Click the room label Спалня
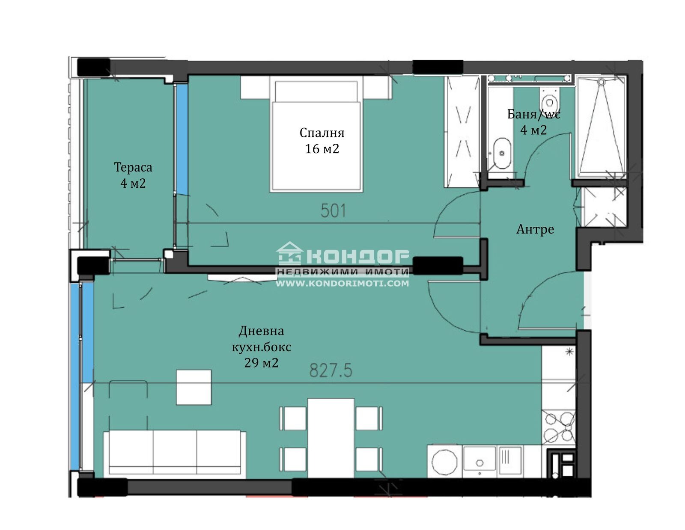(322, 133)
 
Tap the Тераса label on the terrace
(133, 167)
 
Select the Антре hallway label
(535, 229)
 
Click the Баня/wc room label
(533, 114)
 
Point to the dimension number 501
(333, 210)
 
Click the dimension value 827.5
(331, 370)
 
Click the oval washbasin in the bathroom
(501, 154)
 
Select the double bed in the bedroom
(316, 136)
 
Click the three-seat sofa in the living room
(175, 452)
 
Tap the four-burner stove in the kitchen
(559, 427)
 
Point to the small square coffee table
(194, 387)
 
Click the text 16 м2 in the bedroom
(322, 149)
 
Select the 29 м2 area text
(261, 363)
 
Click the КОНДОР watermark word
(357, 256)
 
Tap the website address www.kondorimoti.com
(342, 283)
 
